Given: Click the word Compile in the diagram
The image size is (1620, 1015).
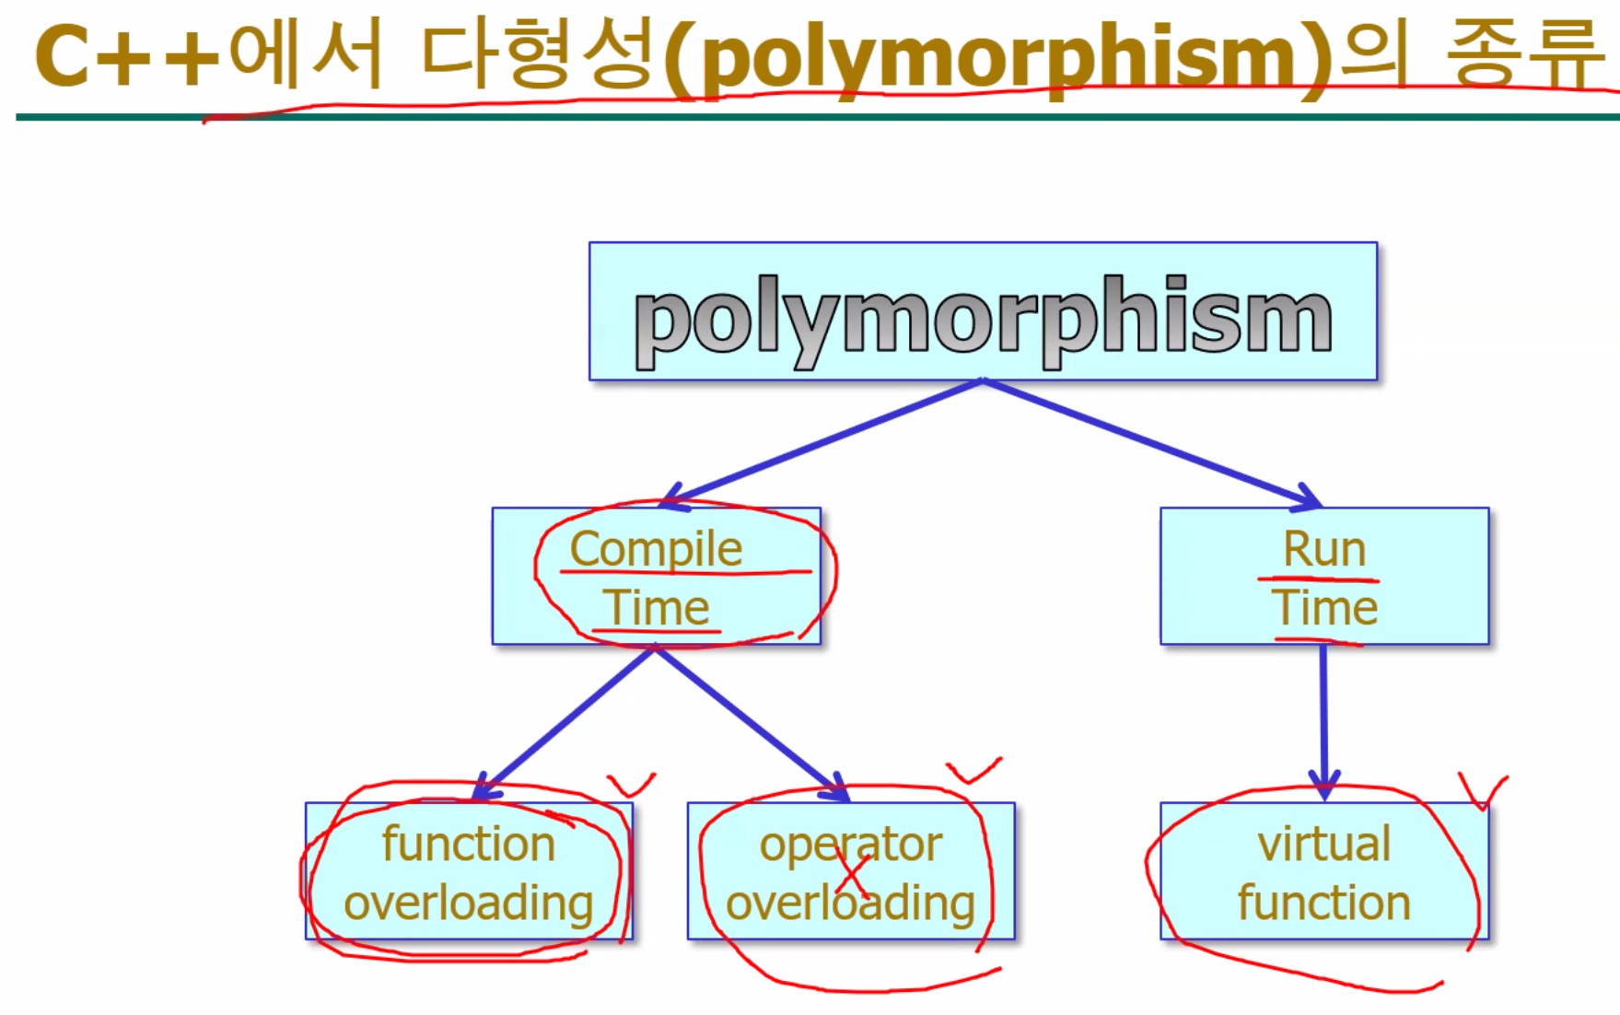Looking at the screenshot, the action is [x=656, y=549].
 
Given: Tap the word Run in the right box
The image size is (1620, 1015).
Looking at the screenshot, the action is [x=1324, y=549].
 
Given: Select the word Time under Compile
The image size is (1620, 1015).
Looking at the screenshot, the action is [x=657, y=608].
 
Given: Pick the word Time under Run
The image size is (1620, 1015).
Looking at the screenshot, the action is [x=1324, y=608].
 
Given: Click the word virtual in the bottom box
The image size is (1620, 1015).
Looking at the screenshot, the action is [x=1324, y=844].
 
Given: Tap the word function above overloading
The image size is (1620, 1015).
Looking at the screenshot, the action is [x=469, y=844].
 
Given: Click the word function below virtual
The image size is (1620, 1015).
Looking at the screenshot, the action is [x=1324, y=902].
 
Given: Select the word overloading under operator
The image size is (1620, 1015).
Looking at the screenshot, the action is [x=851, y=904].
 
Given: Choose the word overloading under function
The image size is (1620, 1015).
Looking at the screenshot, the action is [x=469, y=904].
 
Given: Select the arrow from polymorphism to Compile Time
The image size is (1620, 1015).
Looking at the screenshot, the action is [x=822, y=443].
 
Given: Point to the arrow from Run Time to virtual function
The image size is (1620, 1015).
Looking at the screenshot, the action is [x=1324, y=722].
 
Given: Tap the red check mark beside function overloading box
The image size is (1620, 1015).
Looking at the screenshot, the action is [x=631, y=785].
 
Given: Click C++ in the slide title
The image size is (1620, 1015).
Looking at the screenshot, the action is [x=127, y=57].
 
